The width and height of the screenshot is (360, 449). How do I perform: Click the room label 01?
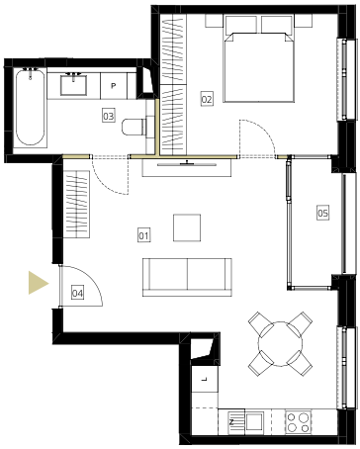coord(143,235)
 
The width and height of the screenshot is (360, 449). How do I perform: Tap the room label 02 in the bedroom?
coord(207,99)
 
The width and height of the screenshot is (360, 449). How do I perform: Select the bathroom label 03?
coord(109,116)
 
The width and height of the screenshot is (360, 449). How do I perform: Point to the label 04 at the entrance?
coord(77,293)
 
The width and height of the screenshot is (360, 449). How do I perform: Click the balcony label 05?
coord(322,213)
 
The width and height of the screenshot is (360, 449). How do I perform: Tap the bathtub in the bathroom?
coord(30,107)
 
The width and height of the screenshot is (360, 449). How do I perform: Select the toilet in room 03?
coord(134,127)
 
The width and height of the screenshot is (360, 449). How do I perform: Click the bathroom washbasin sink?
coord(73,85)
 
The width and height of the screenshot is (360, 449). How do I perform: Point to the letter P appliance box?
coord(114,86)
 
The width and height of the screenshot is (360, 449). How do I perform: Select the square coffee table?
coord(187,227)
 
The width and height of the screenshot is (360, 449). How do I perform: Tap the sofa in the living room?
coord(187,277)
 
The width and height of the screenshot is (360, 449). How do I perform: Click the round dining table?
coord(280,344)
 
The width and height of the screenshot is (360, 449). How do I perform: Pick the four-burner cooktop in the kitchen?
coord(299,422)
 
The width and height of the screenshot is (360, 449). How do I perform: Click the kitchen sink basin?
coord(254,421)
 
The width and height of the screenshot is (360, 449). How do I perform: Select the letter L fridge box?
coord(205,379)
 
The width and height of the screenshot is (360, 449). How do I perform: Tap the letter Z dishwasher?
coord(231,422)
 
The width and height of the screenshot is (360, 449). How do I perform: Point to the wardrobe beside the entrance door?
coord(76,205)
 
